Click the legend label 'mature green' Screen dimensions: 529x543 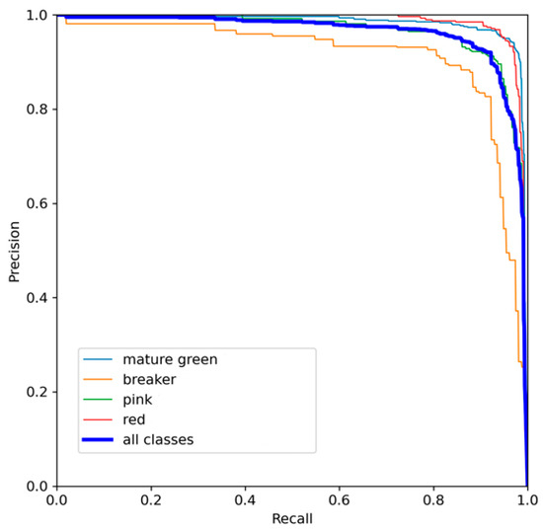click(169, 359)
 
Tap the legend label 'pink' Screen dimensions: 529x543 click(139, 400)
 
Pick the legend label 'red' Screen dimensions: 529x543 click(136, 419)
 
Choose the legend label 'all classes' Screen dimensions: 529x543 click(158, 440)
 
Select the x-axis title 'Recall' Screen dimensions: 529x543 click(292, 518)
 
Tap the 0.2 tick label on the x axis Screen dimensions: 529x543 click(151, 500)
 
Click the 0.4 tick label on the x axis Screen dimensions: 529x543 click(245, 500)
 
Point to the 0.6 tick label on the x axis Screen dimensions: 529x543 click(340, 500)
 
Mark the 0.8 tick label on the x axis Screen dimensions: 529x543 click(433, 500)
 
